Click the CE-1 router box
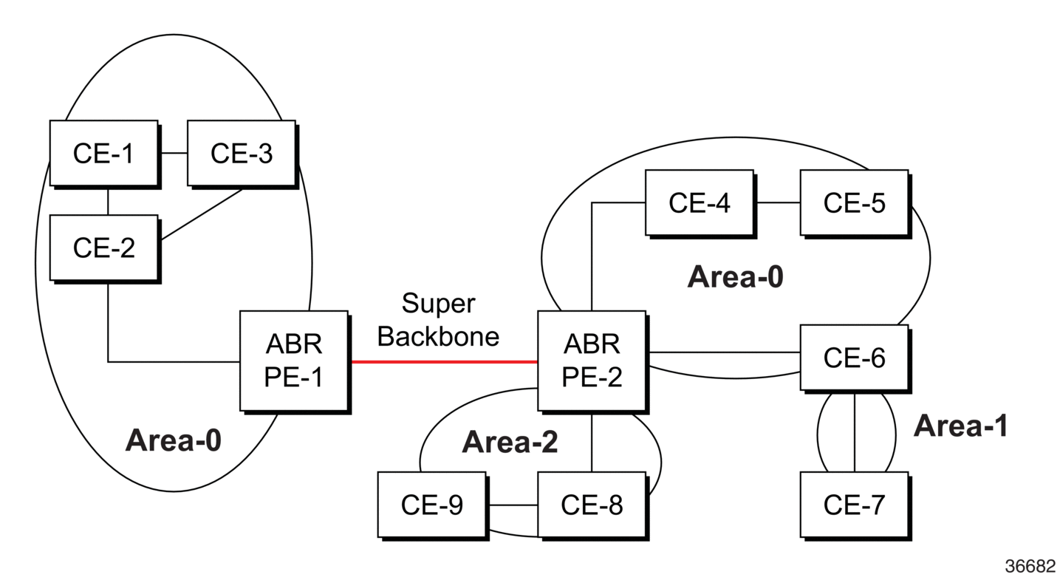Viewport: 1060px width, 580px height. coord(104,153)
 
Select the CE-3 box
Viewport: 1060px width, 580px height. coord(242,153)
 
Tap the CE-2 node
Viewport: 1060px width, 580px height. coord(104,248)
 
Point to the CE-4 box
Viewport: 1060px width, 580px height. coord(700,202)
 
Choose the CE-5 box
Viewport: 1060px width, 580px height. coord(855,202)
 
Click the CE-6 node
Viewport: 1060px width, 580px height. coord(855,358)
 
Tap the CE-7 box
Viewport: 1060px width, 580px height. coord(855,505)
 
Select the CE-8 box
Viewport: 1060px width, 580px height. coord(592,505)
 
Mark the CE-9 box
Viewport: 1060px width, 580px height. coord(432,505)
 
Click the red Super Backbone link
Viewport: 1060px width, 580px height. coord(445,362)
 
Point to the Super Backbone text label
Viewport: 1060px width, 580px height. coord(438,320)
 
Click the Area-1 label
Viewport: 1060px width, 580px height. coord(960,426)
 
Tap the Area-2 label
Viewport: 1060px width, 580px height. coord(510,442)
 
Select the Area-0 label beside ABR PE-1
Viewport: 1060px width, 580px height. coord(173,440)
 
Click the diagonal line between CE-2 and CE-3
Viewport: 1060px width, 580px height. coord(202,214)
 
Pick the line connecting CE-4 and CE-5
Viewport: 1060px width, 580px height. coord(779,202)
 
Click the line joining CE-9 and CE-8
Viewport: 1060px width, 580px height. coord(513,505)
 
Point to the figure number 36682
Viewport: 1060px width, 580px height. coord(1030,566)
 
